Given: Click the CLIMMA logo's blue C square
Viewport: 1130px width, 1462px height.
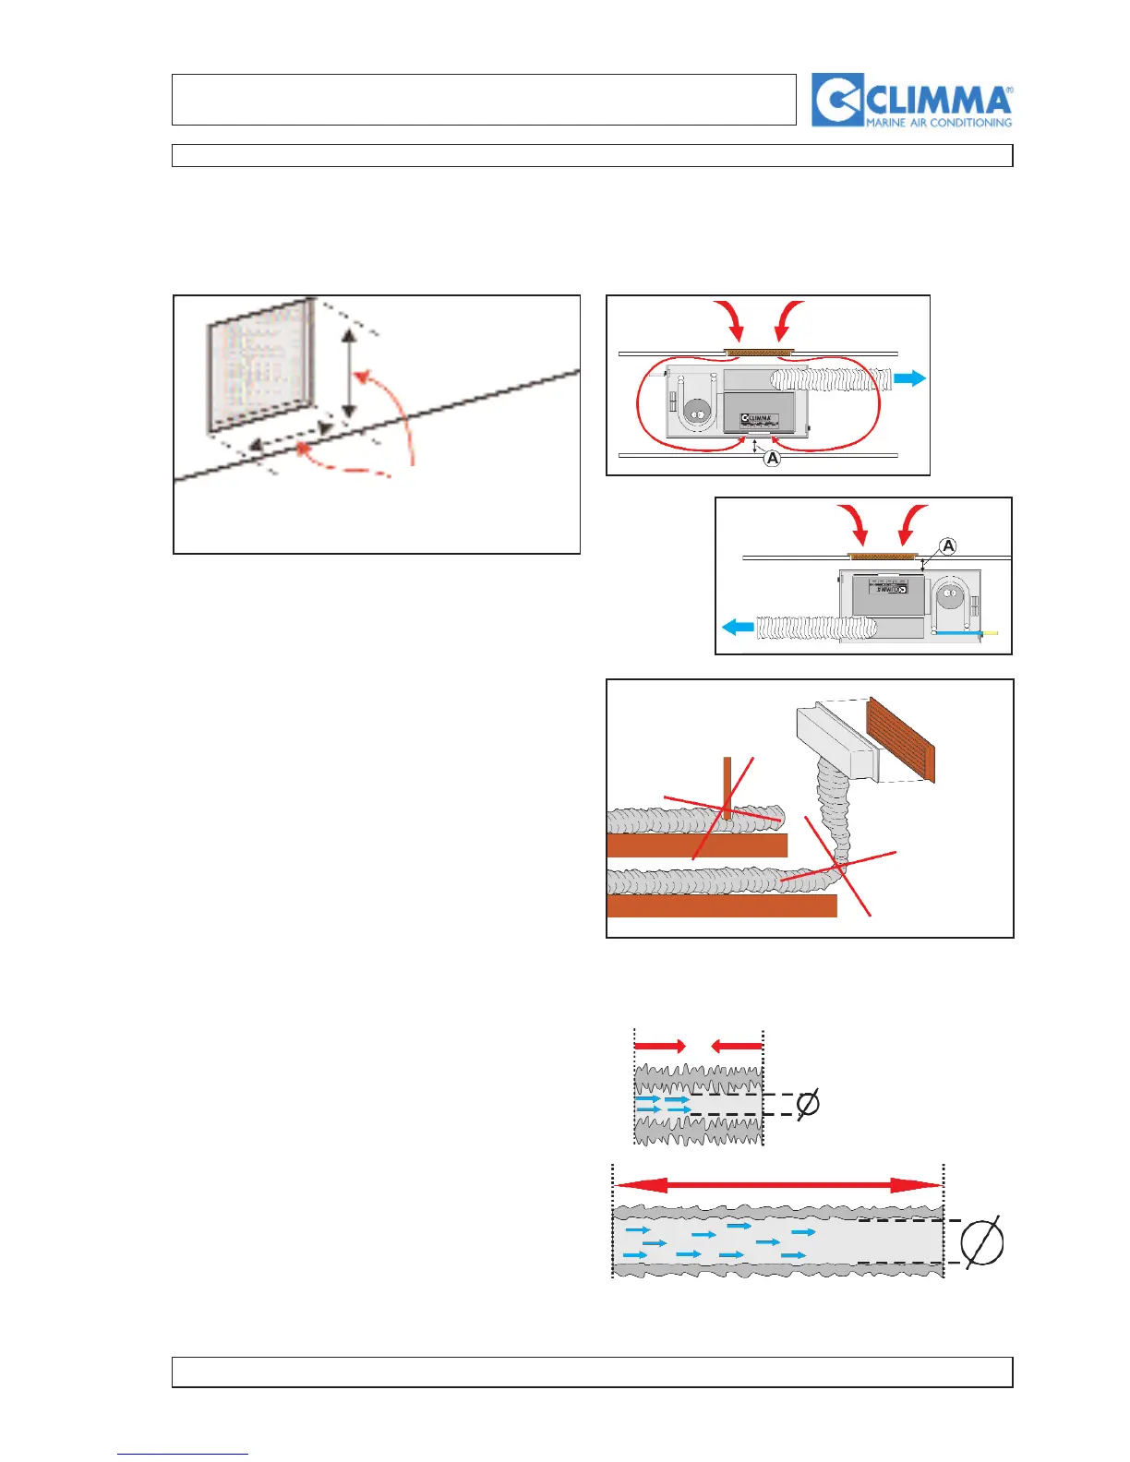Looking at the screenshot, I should pos(837,100).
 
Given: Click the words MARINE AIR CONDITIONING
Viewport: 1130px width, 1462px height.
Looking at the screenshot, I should pos(938,122).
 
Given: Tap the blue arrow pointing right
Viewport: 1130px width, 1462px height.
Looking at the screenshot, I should pos(910,377).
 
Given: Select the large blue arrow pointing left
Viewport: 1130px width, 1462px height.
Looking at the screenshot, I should pos(738,628).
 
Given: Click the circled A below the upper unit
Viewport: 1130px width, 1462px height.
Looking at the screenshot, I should pos(773,458).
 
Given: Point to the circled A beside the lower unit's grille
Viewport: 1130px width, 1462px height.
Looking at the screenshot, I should pos(947,546).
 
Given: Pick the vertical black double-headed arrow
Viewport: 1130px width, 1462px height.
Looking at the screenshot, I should pos(349,374).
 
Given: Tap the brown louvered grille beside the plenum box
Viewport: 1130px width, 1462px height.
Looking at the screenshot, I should pos(901,739).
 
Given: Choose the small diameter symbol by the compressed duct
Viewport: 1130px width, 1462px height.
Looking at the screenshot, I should pos(807,1104).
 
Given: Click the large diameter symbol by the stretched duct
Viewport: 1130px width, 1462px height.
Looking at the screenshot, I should pos(981,1242).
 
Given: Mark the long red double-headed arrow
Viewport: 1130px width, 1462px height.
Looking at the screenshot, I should pos(777,1186).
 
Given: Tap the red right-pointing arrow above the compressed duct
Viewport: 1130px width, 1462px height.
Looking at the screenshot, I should pos(660,1046).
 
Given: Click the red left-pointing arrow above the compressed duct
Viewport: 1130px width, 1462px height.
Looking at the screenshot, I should pos(737,1046).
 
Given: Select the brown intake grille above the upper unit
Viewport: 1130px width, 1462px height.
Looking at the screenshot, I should pos(760,352).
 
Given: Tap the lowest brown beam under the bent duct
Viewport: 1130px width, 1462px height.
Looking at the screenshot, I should pos(722,905).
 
